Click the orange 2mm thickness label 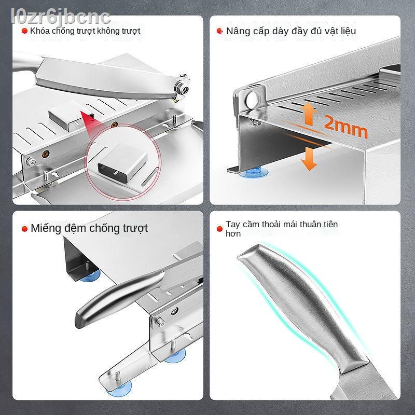click(x=345, y=127)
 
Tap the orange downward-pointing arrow click(x=310, y=157)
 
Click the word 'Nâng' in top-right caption click(x=238, y=31)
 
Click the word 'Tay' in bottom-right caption click(x=232, y=225)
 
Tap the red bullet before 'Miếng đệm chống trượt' click(x=24, y=228)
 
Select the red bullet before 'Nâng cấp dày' click(x=220, y=31)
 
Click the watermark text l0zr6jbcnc click(x=56, y=16)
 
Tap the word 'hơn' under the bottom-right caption click(x=233, y=234)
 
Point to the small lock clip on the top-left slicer click(x=63, y=118)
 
